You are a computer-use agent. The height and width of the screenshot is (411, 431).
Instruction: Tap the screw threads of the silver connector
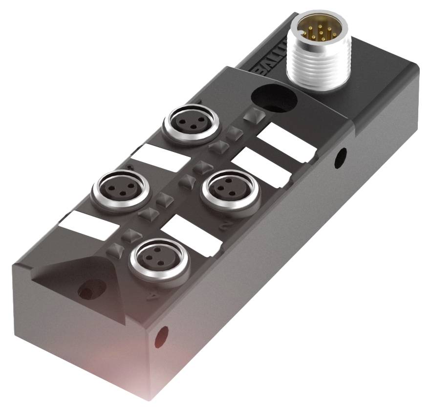tap(313, 64)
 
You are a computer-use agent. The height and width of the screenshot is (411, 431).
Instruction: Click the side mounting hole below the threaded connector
tap(340, 158)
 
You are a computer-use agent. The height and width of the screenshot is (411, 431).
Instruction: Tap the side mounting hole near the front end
tap(161, 337)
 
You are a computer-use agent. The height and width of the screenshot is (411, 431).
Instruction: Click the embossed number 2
tap(226, 226)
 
